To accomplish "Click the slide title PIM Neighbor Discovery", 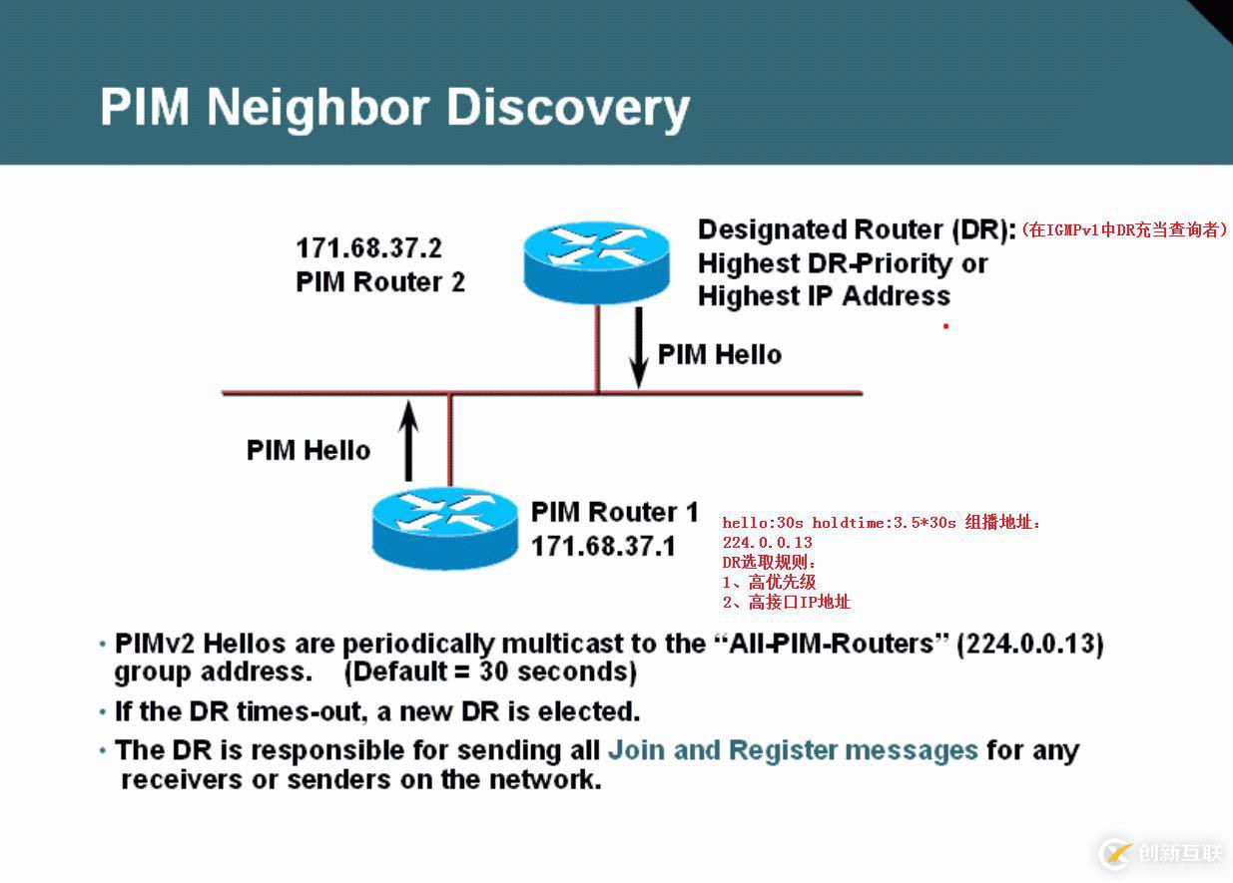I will pyautogui.click(x=394, y=108).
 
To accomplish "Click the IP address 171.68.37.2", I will pyautogui.click(x=368, y=247).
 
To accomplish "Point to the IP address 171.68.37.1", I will pyautogui.click(x=603, y=546).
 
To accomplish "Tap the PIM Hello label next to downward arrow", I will pyautogui.click(x=719, y=354).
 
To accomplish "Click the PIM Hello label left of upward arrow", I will pyautogui.click(x=308, y=450).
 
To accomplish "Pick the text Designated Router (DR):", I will pyautogui.click(x=857, y=229).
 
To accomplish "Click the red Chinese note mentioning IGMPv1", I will pyautogui.click(x=1123, y=230).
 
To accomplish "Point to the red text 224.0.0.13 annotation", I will pyautogui.click(x=767, y=542).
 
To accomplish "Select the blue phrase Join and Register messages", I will pyautogui.click(x=793, y=750).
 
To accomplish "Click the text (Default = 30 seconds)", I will pyautogui.click(x=490, y=671).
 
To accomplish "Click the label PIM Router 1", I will pyautogui.click(x=614, y=513).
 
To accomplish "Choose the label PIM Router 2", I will pyautogui.click(x=380, y=281).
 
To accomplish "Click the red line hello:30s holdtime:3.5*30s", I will pyautogui.click(x=839, y=522).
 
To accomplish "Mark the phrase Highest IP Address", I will pyautogui.click(x=824, y=296).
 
